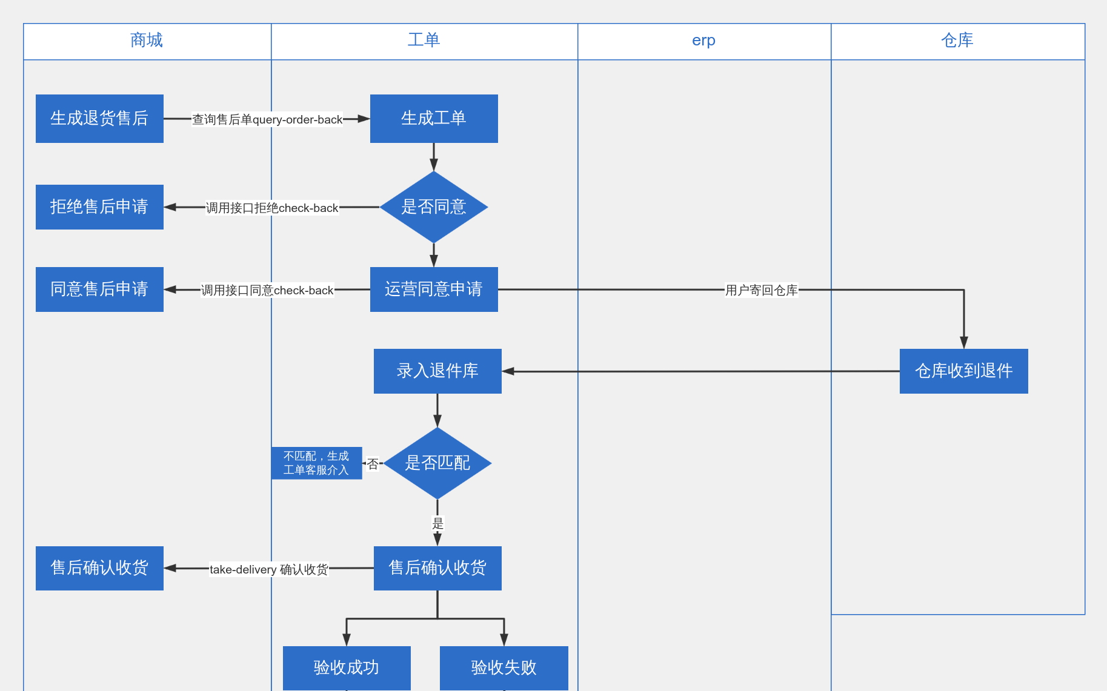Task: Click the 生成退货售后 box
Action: click(x=99, y=119)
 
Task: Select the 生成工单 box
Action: click(x=434, y=119)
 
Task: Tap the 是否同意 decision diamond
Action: click(x=434, y=207)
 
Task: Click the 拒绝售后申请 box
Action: click(x=99, y=207)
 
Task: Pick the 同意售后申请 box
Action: click(x=99, y=289)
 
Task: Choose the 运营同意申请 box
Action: click(x=434, y=289)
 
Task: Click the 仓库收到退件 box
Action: click(x=963, y=371)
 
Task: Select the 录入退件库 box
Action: click(x=437, y=371)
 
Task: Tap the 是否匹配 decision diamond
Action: click(x=437, y=463)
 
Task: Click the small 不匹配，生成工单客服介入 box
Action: click(x=316, y=463)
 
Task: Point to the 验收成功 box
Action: click(x=347, y=667)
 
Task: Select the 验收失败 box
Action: click(x=504, y=667)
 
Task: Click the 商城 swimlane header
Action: click(x=147, y=41)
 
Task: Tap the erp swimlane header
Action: click(x=703, y=41)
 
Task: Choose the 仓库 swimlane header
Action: click(x=957, y=41)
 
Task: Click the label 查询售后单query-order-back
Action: click(x=267, y=120)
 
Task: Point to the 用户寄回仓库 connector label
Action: click(x=761, y=290)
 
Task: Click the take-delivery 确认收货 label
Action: click(x=268, y=569)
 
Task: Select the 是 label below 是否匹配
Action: click(x=437, y=523)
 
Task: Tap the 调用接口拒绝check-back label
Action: click(x=272, y=208)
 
